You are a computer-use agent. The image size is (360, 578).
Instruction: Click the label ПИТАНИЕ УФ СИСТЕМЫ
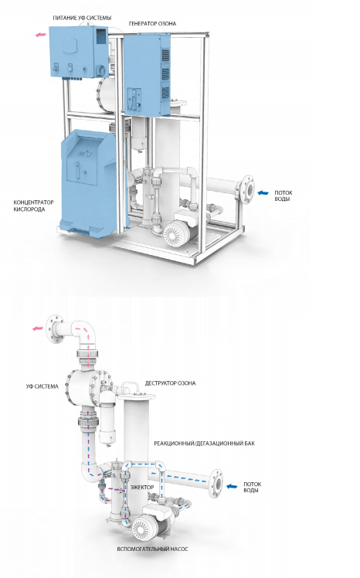click(x=82, y=18)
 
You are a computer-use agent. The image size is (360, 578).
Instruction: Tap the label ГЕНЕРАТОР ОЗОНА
click(x=152, y=24)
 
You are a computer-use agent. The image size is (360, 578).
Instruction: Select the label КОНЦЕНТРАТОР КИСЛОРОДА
click(x=33, y=206)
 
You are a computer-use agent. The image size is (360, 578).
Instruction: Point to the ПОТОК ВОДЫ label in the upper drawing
click(x=283, y=195)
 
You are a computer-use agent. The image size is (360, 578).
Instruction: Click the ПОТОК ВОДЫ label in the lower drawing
click(x=252, y=488)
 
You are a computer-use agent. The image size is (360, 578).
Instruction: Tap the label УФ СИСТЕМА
click(x=42, y=386)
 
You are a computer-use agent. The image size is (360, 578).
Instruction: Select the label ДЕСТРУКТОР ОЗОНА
click(x=170, y=383)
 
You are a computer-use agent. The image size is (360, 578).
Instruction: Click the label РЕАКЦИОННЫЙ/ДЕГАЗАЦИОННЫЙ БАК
click(x=204, y=443)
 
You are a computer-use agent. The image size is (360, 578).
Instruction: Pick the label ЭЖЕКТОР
click(x=142, y=487)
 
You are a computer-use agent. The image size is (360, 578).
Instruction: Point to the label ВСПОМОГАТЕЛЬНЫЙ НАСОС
click(x=152, y=549)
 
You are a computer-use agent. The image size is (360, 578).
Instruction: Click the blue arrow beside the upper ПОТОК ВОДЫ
click(x=263, y=192)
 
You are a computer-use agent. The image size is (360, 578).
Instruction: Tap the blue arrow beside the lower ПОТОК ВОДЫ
click(x=232, y=486)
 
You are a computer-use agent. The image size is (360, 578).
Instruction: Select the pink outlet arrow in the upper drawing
click(x=40, y=35)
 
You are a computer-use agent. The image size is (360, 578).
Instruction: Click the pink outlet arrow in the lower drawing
click(x=38, y=328)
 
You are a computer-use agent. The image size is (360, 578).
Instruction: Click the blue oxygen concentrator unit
click(x=91, y=182)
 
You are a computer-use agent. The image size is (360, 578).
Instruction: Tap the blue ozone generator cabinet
click(x=147, y=73)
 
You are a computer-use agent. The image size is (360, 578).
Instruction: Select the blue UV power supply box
click(x=80, y=52)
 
